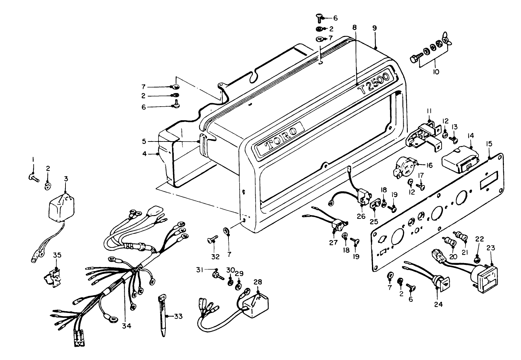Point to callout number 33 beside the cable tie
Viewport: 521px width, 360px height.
(178, 316)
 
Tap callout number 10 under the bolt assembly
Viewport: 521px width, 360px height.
(436, 72)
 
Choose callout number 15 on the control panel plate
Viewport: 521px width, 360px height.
(489, 143)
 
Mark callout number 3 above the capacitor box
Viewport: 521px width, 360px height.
(66, 178)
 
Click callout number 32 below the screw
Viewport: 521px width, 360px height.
(216, 257)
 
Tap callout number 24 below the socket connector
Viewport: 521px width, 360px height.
(438, 304)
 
